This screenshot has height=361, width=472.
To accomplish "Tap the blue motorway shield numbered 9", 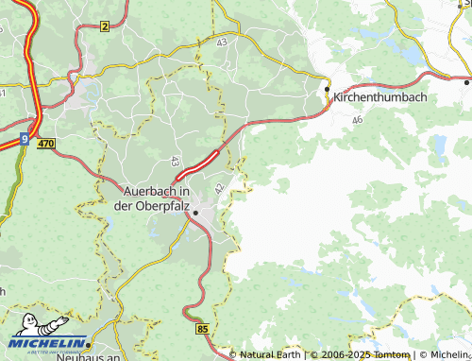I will [x=24, y=140].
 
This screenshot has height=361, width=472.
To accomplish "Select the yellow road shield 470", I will [x=46, y=143].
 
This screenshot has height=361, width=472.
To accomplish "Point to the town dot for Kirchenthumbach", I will [x=328, y=89].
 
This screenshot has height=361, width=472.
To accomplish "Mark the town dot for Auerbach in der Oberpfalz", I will [x=195, y=214].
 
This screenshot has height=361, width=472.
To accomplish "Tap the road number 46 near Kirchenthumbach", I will [x=357, y=120].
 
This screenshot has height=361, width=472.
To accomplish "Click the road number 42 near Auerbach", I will [x=219, y=189].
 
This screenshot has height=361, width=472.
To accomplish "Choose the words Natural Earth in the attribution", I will [x=269, y=355].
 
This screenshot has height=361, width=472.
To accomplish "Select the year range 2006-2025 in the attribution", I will [x=343, y=355].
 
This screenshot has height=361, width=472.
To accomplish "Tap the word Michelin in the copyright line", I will [x=450, y=355].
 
